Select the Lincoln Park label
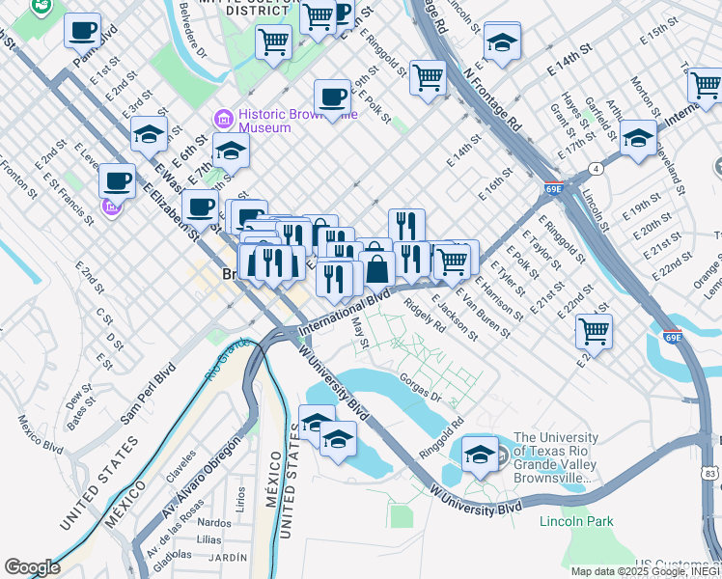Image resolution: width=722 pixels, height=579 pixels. [576, 522]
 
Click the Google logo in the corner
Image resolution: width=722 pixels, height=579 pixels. [32, 566]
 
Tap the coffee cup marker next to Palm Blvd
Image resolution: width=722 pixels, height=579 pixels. [83, 30]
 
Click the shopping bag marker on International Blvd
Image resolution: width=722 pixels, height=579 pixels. [377, 267]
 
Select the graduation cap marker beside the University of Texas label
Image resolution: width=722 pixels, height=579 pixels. [480, 455]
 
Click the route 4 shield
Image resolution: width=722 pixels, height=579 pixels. [597, 170]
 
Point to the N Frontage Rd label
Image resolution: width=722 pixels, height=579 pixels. [491, 99]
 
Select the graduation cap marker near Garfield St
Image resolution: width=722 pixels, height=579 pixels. [638, 139]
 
